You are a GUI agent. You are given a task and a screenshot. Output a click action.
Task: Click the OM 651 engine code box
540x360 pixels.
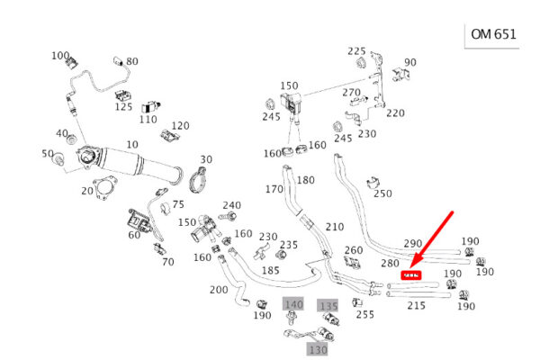coord(493,36)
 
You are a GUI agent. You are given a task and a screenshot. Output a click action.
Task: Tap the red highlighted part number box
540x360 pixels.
coord(413,275)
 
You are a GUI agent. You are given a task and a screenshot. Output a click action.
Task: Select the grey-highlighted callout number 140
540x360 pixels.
coord(293,305)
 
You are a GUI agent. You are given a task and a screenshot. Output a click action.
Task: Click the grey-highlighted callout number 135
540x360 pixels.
coord(328,306)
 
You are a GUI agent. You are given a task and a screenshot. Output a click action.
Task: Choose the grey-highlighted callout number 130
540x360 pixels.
coord(318,348)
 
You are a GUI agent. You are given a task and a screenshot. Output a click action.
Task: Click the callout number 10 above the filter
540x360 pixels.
coord(132,145)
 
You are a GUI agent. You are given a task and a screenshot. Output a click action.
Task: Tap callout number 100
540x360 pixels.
coord(60,56)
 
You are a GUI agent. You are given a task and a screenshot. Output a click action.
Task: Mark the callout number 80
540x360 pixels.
coord(132,61)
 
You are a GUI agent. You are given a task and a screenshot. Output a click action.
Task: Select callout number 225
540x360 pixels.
coord(357,51)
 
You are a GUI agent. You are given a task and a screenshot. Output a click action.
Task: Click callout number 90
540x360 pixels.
coord(410,62)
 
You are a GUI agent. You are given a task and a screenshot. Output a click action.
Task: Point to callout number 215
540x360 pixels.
coord(416,306)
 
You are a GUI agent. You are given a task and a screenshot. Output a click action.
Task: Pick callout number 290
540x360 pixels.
coord(413,244)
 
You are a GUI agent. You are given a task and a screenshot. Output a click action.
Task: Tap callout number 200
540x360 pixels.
coord(219,290)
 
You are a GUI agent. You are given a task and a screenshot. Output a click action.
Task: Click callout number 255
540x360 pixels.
coord(364,314)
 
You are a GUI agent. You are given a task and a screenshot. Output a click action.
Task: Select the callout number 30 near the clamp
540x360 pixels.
coord(206,159)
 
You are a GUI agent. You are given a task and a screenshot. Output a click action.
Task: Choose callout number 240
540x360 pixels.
coord(231,205)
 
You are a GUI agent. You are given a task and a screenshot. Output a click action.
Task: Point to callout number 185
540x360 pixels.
coord(271,270)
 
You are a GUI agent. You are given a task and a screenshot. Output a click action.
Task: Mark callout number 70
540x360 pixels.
coord(167,262)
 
